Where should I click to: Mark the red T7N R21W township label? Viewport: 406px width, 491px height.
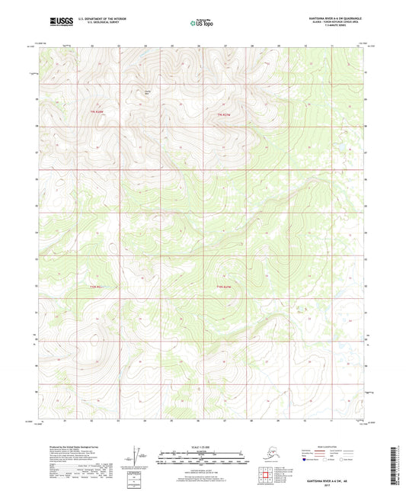222,114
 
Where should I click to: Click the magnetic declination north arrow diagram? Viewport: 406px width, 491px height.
140,459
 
